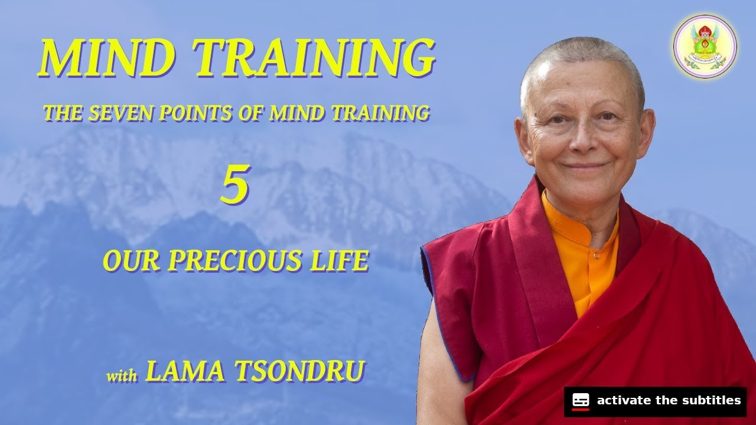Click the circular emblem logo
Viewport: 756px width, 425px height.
click(x=705, y=46)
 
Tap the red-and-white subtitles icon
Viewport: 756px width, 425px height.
click(x=581, y=401)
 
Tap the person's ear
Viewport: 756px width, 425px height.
click(x=521, y=136)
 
